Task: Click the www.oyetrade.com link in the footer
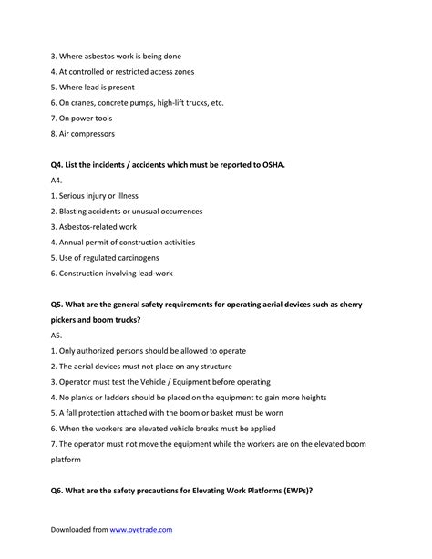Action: (141, 529)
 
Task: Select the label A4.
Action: (57, 181)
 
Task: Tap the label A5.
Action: (57, 336)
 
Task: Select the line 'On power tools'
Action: (85, 119)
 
